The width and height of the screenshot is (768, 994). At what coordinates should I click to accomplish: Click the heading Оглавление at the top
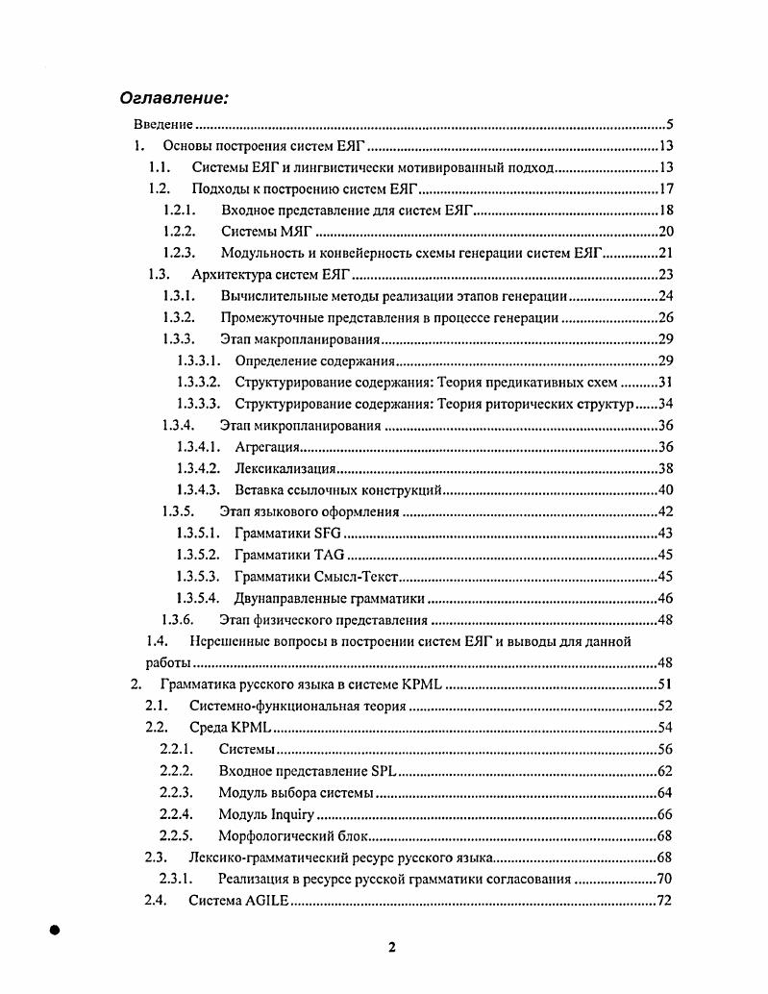(x=174, y=98)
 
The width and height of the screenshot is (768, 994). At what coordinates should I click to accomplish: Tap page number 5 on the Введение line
(x=669, y=125)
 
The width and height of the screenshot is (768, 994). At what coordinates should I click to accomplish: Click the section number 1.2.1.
(x=179, y=211)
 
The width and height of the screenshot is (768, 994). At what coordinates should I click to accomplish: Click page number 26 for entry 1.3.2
(x=664, y=317)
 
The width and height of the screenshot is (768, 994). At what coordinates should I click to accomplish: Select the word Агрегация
(x=268, y=447)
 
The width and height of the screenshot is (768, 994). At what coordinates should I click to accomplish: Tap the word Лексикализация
(x=285, y=468)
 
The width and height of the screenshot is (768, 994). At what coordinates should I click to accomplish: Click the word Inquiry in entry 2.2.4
(x=292, y=814)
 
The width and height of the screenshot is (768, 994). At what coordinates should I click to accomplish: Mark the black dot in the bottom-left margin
(x=55, y=930)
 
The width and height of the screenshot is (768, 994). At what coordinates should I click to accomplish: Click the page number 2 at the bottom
(x=391, y=947)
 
